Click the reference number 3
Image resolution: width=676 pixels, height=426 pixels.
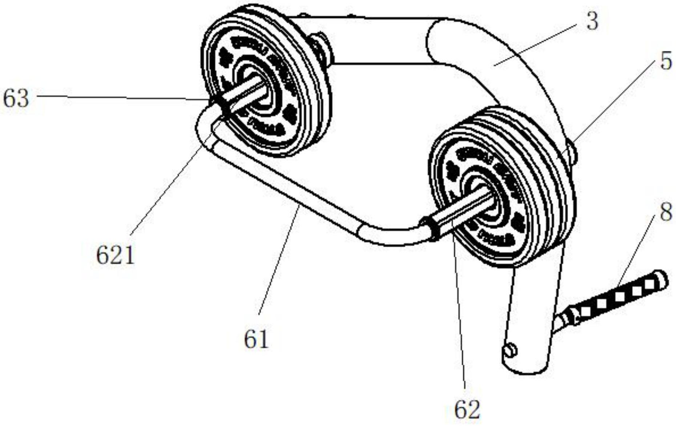592,21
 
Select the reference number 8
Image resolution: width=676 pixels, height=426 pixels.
666,212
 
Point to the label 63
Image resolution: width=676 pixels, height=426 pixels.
16,99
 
